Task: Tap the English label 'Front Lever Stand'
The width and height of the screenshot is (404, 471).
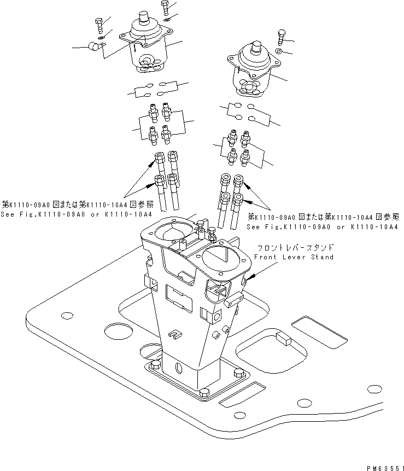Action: [x=294, y=257]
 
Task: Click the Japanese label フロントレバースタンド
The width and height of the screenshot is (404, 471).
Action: [x=294, y=248]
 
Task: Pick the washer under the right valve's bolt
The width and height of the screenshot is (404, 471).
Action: [x=279, y=51]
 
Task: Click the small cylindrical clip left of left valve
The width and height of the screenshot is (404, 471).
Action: [x=95, y=46]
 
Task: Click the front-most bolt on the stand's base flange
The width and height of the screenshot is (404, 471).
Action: [x=203, y=392]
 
